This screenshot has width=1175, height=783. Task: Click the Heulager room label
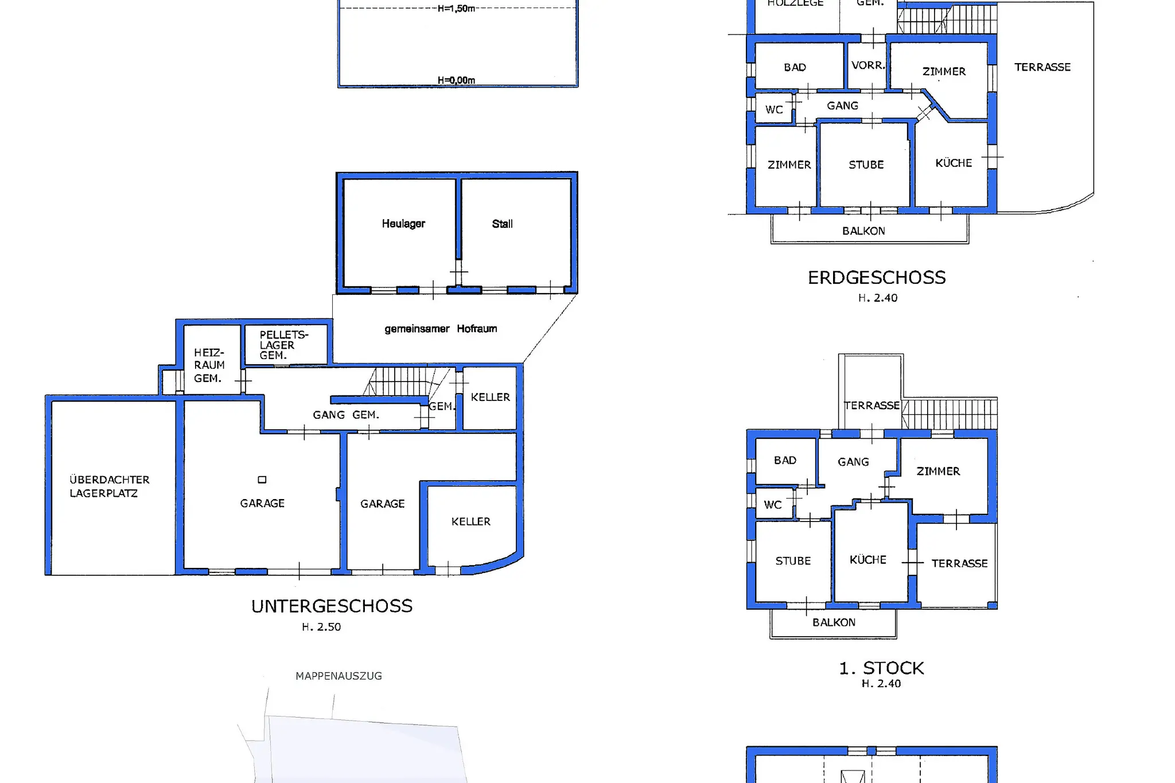coord(403,224)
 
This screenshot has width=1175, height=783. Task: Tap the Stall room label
coord(502,224)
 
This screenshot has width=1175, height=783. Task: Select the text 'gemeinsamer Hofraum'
coord(441,329)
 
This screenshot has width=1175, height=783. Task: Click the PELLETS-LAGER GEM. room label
coord(284,345)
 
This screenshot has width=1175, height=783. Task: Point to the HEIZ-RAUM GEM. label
coord(209,365)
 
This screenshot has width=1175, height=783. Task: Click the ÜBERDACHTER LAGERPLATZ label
coord(110,486)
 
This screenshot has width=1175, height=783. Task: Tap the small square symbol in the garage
coord(262,480)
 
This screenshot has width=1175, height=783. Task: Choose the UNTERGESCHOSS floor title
coord(332,606)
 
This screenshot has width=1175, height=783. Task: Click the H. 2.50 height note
coord(321,627)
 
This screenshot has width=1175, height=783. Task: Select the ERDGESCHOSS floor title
coord(877,278)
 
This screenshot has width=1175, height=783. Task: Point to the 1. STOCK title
coord(881,668)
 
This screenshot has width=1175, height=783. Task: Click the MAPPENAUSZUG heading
coord(339,676)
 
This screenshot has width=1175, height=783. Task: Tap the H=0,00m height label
coord(456,80)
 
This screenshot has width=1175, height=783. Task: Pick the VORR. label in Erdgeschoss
coord(868,65)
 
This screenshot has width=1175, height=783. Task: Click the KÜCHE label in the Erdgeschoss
coord(954,163)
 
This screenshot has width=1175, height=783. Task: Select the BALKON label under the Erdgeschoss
coord(863,231)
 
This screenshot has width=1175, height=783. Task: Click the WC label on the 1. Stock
coord(773,505)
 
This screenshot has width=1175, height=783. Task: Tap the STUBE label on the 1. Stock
coord(793,561)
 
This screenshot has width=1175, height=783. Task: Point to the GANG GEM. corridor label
coord(346,415)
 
